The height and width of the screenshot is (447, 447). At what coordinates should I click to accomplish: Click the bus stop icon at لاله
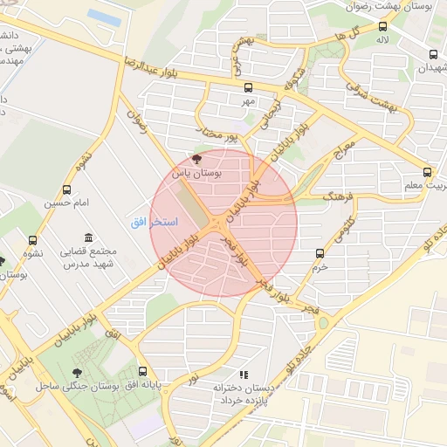382,25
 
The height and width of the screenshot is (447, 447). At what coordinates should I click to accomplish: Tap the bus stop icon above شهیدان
434,54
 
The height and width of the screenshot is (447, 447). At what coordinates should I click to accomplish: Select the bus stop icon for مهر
249,87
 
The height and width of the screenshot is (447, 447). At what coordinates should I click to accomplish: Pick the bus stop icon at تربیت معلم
427,172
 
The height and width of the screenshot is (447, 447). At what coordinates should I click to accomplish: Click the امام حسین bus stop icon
67,189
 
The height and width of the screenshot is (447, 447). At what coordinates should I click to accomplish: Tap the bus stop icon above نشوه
33,241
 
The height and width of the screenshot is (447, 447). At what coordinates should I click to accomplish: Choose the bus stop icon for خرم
320,253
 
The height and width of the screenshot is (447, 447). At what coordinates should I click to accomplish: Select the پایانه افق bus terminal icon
143,371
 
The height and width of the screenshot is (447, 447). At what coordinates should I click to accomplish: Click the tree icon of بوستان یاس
196,160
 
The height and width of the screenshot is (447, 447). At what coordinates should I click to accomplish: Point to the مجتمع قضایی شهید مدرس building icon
88,237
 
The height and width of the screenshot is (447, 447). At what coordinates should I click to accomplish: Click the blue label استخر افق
154,223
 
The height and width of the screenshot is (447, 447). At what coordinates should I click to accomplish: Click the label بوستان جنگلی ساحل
77,385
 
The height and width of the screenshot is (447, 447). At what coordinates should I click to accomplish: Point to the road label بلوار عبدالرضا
162,71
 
